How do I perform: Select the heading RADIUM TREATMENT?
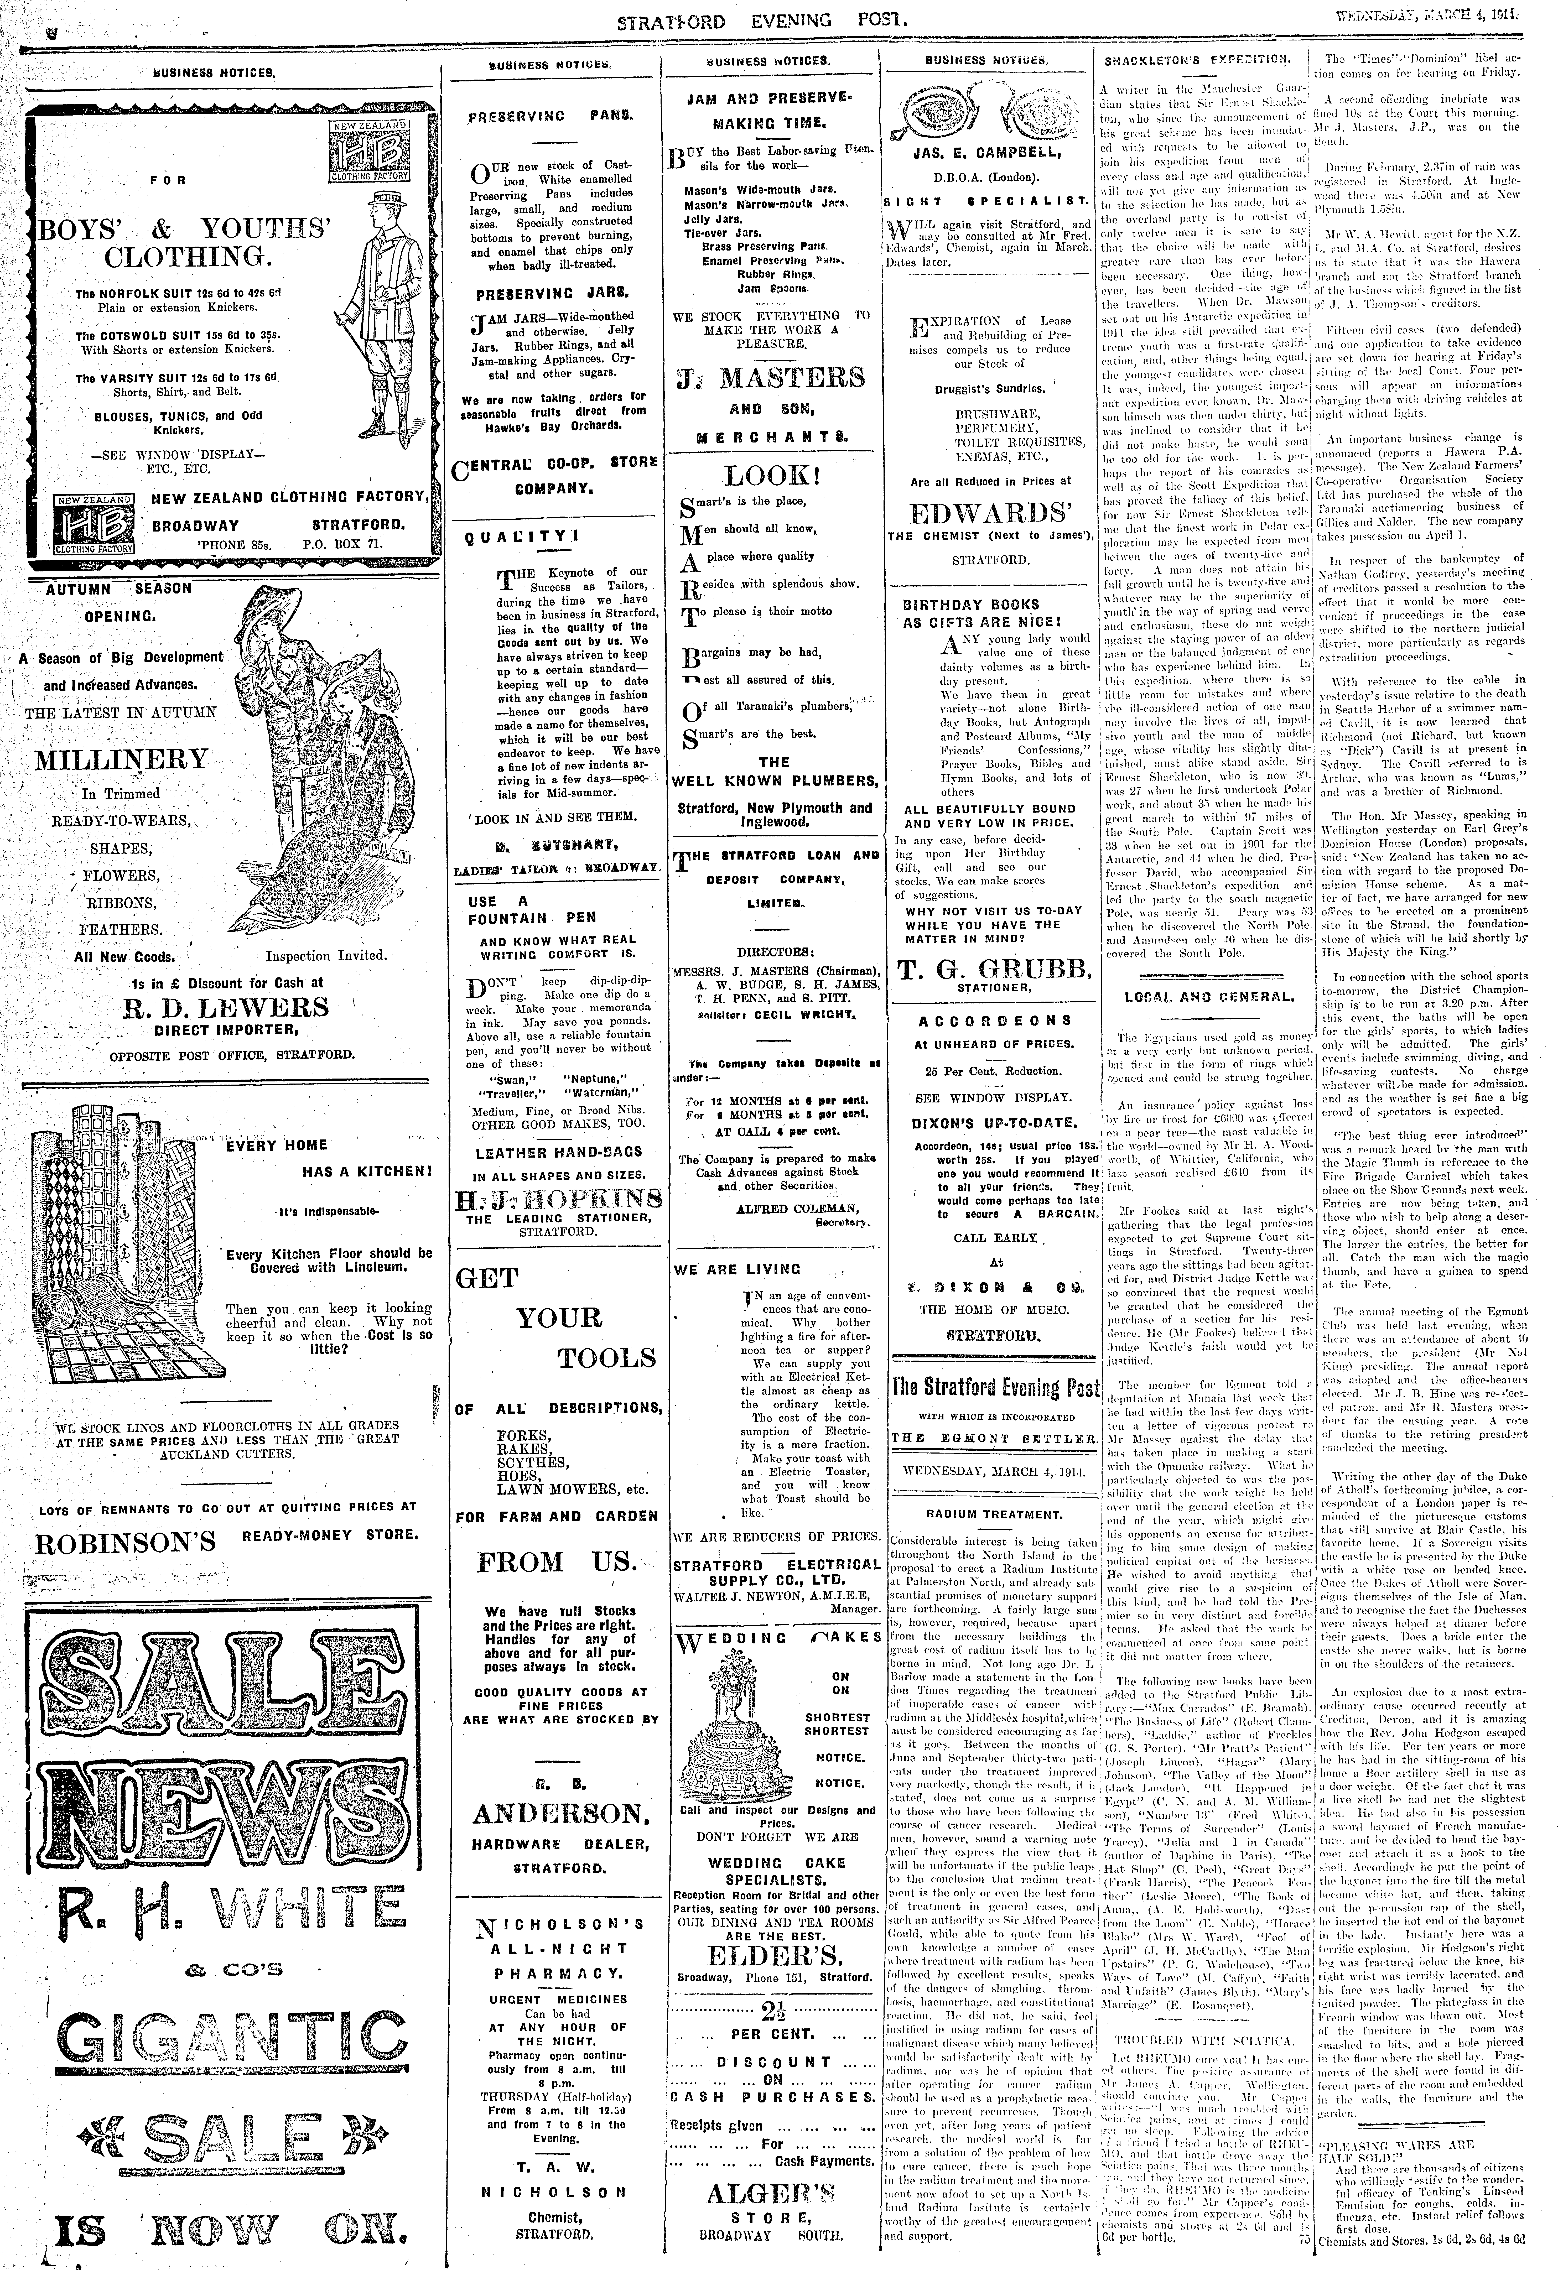tap(993, 1515)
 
